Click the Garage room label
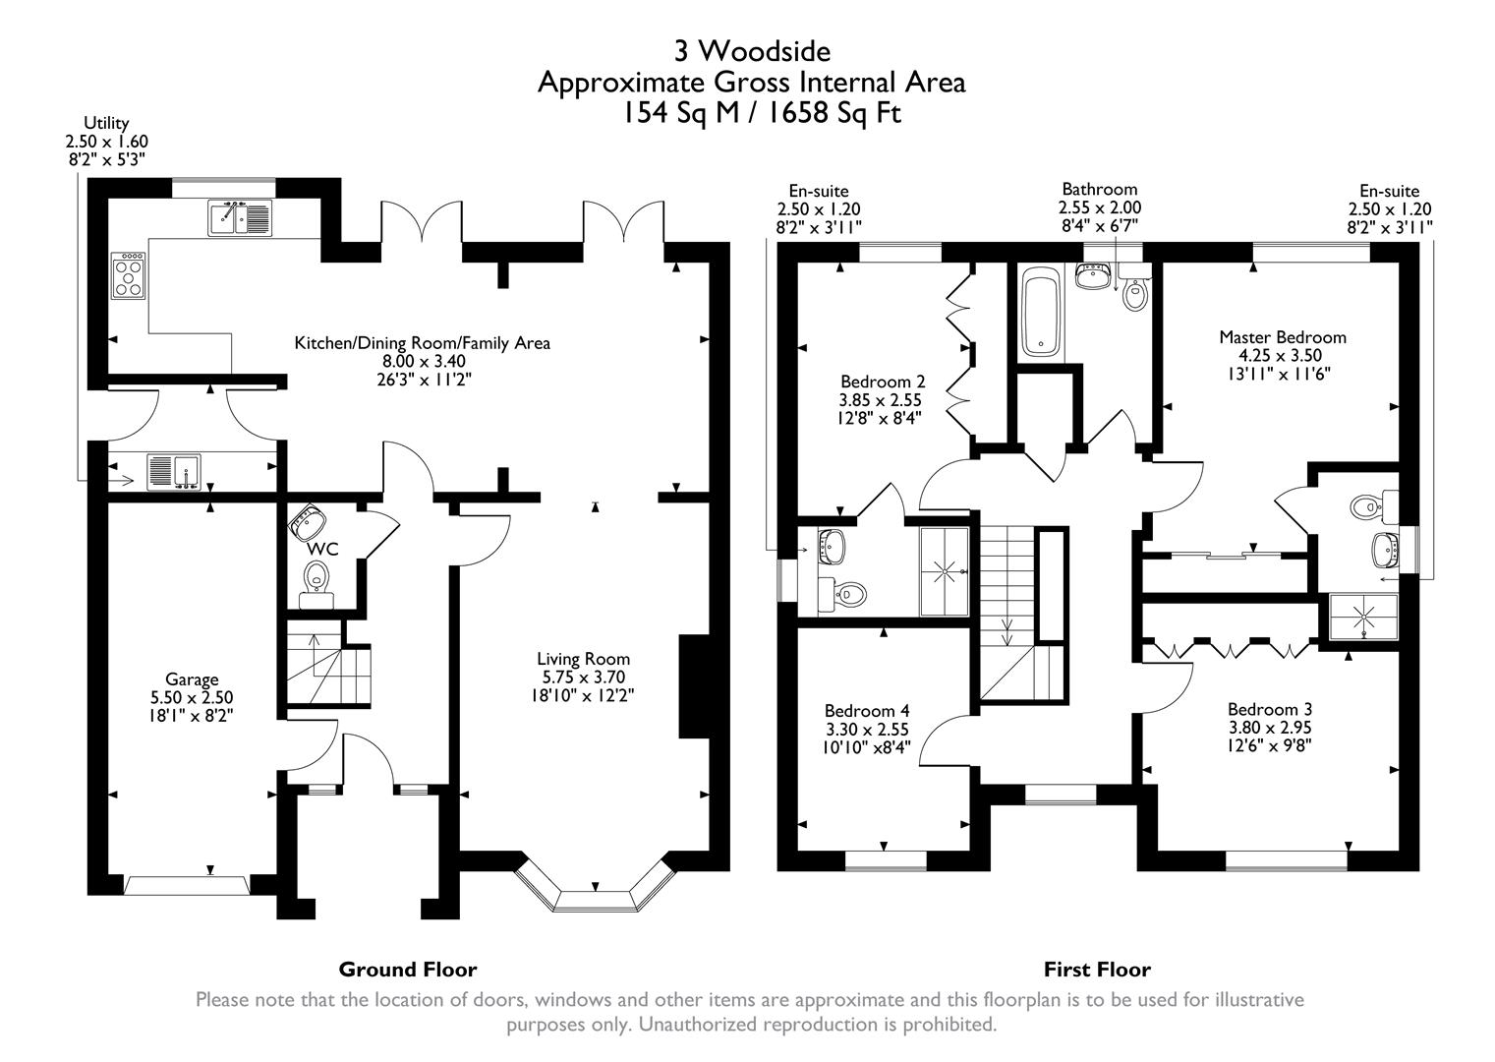tap(192, 679)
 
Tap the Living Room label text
tap(583, 659)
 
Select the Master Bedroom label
tap(1282, 337)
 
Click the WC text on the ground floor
tap(323, 549)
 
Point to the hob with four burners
tap(130, 275)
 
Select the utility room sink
tap(174, 472)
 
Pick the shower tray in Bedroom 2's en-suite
tap(946, 571)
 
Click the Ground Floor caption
tap(407, 970)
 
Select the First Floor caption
tap(1097, 970)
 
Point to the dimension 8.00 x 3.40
tap(422, 362)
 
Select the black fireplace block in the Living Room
tap(694, 686)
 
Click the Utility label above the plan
tap(106, 123)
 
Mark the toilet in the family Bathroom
tap(1135, 294)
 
